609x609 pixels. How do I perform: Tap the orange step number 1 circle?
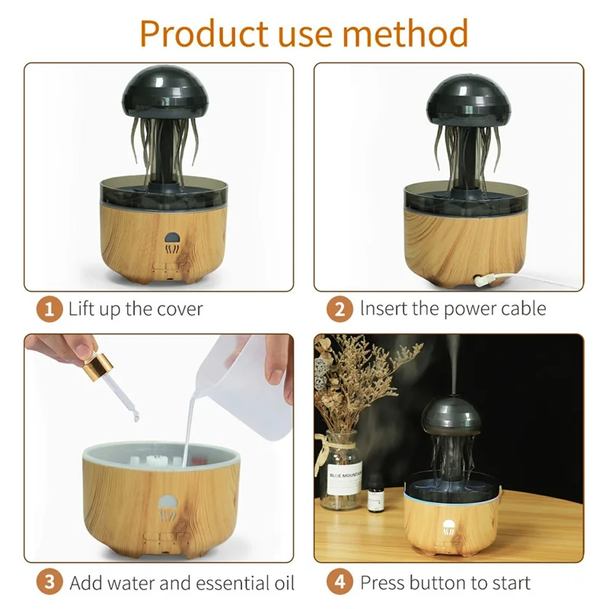49,309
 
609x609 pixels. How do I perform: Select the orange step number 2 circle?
340,309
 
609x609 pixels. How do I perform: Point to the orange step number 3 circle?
49,583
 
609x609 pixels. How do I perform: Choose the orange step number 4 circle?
340,583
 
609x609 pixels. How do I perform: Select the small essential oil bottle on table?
375,496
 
